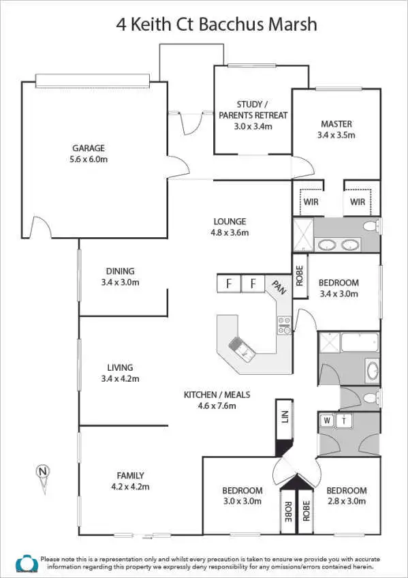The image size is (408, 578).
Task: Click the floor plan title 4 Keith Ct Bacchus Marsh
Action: pyautogui.click(x=217, y=25)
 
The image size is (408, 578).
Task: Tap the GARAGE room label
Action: pyautogui.click(x=89, y=148)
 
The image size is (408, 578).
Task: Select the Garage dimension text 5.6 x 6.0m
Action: pyautogui.click(x=89, y=159)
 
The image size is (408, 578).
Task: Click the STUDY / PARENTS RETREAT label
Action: pyautogui.click(x=253, y=110)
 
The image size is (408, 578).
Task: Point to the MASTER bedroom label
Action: pyautogui.click(x=336, y=124)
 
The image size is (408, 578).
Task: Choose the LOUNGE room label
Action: pyautogui.click(x=230, y=222)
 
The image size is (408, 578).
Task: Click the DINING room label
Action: pyautogui.click(x=120, y=271)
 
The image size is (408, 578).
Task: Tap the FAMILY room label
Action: pyautogui.click(x=130, y=475)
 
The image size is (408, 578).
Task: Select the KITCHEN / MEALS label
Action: pyautogui.click(x=217, y=395)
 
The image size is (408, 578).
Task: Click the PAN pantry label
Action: pyautogui.click(x=279, y=288)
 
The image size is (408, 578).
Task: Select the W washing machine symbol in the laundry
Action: pyautogui.click(x=328, y=421)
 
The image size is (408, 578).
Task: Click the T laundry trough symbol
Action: pyautogui.click(x=344, y=421)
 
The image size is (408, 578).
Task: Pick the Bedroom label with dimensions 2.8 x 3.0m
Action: pyautogui.click(x=346, y=490)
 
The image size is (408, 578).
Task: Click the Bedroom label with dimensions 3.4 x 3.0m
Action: pyautogui.click(x=339, y=282)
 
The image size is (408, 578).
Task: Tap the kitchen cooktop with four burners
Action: pyautogui.click(x=284, y=325)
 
